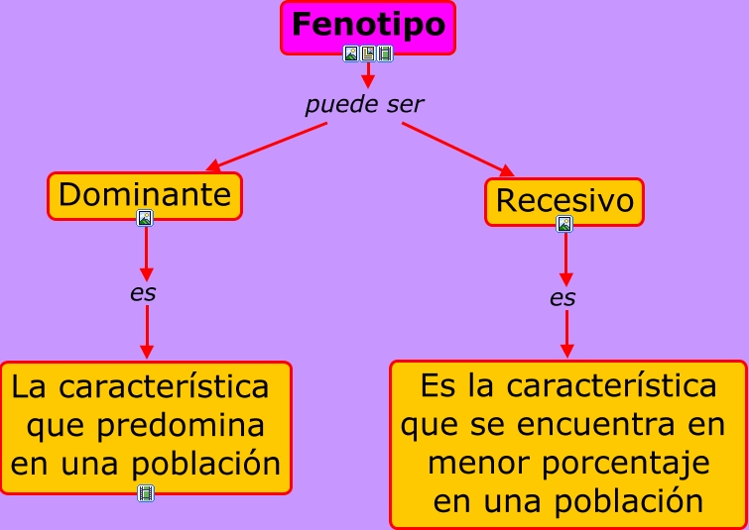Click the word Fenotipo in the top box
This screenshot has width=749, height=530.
click(368, 24)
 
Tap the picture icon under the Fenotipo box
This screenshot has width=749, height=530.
click(350, 53)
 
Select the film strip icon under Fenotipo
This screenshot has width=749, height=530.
click(385, 53)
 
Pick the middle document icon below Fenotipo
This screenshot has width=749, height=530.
click(367, 53)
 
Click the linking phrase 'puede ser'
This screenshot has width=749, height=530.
click(364, 104)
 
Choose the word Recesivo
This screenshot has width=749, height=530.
click(563, 200)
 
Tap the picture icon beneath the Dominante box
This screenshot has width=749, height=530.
click(145, 218)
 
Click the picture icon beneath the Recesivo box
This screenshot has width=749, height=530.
click(564, 224)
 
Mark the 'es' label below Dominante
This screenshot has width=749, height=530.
click(144, 293)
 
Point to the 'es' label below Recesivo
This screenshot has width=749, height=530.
click(562, 297)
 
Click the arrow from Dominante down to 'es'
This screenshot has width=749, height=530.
click(146, 253)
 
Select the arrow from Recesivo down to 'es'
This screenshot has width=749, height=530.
click(564, 259)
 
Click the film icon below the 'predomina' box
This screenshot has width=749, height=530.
click(146, 492)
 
